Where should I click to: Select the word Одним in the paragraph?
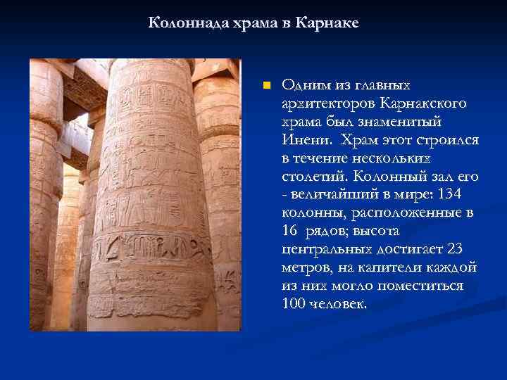(x=302, y=85)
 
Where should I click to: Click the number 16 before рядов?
(x=289, y=231)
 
